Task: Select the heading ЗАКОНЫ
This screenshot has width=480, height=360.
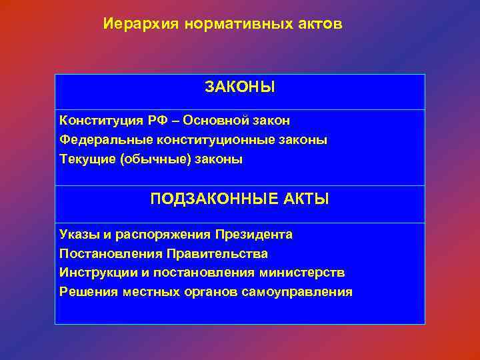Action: (240, 87)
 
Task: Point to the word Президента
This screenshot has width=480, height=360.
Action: (254, 235)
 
